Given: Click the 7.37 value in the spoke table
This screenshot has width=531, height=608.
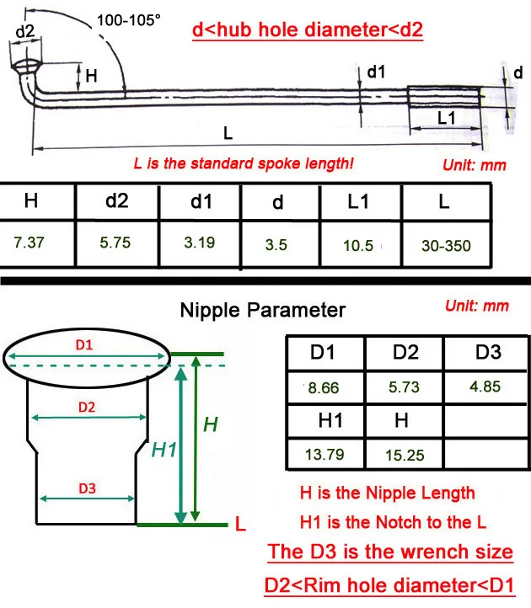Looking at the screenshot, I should click(31, 244).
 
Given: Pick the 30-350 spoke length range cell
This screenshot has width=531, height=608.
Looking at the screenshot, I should click(446, 246).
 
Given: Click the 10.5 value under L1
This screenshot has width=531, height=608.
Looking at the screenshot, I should click(358, 245).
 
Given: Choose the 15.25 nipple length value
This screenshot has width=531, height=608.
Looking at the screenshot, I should click(404, 456).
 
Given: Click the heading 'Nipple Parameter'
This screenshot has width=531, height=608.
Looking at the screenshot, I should click(263, 310).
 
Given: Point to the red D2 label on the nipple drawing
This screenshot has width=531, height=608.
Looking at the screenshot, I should click(87, 407).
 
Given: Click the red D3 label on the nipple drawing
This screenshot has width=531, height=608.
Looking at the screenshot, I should click(87, 488).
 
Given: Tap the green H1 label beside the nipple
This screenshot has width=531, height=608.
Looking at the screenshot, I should click(164, 451).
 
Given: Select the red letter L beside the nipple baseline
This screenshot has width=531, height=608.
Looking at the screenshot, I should click(240, 525).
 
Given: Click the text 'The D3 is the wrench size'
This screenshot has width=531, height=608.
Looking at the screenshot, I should click(389, 552).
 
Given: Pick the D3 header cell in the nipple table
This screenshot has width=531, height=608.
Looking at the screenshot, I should click(488, 351).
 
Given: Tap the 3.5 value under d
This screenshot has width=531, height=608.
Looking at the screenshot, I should click(276, 245).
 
